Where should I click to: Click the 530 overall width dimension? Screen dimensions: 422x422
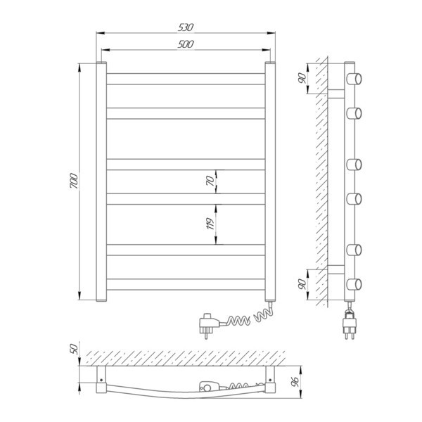click(186, 27)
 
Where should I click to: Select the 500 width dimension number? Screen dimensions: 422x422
click(186, 44)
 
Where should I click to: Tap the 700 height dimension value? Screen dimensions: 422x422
click(73, 181)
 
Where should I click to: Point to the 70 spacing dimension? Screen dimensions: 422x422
click(210, 181)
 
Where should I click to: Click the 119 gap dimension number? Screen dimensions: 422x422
click(210, 224)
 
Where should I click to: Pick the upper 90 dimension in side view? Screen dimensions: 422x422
click(302, 78)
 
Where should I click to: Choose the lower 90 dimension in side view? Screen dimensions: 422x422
click(302, 284)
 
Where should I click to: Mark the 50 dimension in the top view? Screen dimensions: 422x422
click(74, 349)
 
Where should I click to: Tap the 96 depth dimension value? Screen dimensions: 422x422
click(295, 382)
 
